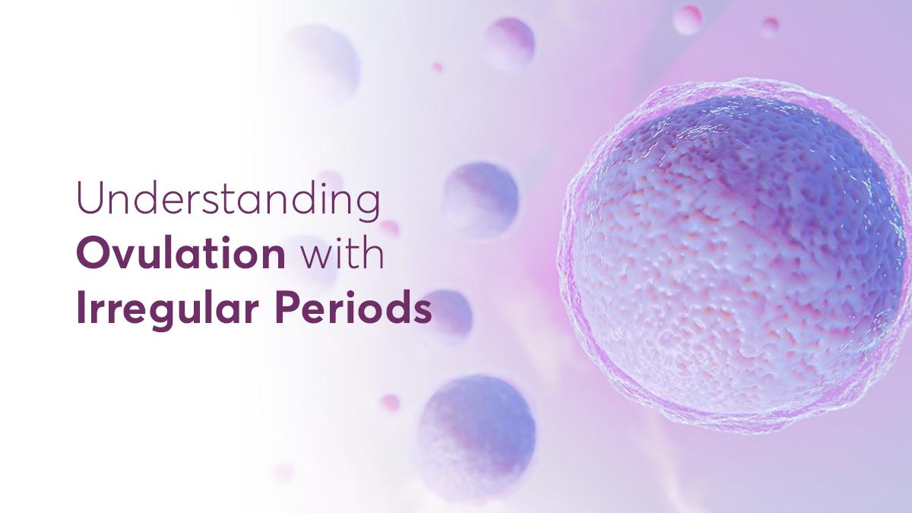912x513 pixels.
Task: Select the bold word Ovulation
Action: coord(181,255)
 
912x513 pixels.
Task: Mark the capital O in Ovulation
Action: coord(93,255)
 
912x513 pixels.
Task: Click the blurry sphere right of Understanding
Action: coord(482,199)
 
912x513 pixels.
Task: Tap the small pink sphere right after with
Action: coord(390,229)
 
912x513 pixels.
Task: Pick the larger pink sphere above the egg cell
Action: coord(688,18)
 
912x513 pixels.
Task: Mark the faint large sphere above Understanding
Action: coord(324,61)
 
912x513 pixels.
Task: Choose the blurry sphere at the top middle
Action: coord(510,42)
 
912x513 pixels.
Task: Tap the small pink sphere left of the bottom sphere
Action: coord(390,403)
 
